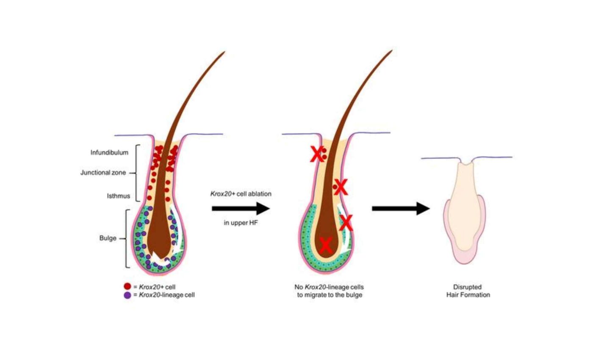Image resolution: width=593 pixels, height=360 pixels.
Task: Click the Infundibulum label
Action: [x=109, y=152]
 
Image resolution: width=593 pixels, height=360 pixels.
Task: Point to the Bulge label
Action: [x=108, y=238]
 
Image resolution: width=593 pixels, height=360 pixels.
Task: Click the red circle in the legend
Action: [x=127, y=287]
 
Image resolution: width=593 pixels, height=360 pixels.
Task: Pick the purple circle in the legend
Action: [x=127, y=295]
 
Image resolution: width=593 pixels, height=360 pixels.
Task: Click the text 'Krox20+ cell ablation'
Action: [x=241, y=194]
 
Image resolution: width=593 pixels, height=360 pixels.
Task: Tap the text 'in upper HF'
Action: [x=241, y=223]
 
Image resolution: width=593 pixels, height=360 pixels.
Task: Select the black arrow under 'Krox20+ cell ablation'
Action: [x=241, y=208]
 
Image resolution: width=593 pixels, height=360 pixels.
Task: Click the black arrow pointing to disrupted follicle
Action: [x=401, y=208]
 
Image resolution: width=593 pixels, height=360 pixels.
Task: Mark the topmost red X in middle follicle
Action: [x=316, y=155]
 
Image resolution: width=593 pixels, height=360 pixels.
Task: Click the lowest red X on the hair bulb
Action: [x=325, y=245]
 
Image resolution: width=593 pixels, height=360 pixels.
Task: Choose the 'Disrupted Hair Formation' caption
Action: [x=468, y=291]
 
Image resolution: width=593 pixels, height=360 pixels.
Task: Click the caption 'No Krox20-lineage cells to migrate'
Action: [x=330, y=291]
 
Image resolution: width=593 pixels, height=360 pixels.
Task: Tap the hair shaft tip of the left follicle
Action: [x=223, y=53]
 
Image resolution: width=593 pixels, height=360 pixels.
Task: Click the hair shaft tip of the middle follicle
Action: [x=391, y=51]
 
